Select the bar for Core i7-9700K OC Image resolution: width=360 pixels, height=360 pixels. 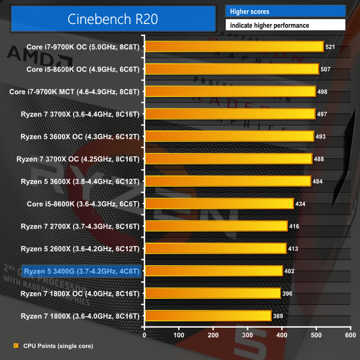tap(234, 46)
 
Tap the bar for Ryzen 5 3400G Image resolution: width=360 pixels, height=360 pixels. tap(214, 271)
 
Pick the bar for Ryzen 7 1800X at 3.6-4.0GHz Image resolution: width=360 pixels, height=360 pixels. tap(208, 316)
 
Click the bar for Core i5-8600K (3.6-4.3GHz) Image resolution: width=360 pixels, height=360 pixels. tap(219, 203)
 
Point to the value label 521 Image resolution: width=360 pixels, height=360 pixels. tap(330, 46)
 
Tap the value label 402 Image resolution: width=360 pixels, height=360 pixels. tap(289, 271)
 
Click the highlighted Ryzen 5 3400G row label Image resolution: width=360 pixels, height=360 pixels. tap(81, 271)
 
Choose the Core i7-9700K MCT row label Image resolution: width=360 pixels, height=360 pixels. tap(75, 91)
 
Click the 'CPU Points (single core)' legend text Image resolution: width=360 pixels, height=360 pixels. tap(58, 346)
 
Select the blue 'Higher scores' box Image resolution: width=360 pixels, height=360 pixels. tap(285, 11)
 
